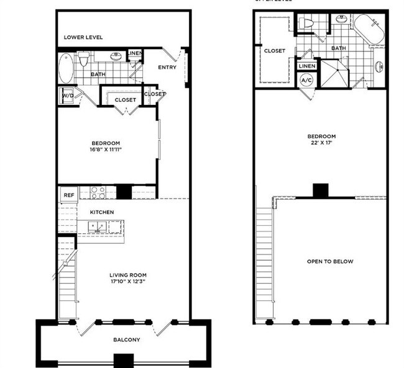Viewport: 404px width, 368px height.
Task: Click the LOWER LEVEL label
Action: (x=83, y=37)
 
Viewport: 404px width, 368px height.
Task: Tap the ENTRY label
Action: (x=167, y=68)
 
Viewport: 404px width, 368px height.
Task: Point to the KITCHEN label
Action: (x=101, y=212)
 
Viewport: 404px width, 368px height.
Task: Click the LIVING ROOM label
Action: (x=128, y=275)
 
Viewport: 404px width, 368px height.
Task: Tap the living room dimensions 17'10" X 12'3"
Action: (x=128, y=282)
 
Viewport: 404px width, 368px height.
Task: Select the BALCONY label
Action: (x=126, y=339)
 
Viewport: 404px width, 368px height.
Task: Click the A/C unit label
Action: (x=306, y=81)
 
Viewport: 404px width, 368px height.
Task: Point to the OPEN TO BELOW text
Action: (x=330, y=261)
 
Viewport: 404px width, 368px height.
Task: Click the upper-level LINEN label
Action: (x=306, y=66)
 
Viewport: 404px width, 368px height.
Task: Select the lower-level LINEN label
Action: (x=135, y=54)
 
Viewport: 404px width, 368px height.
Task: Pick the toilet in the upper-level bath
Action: (x=305, y=24)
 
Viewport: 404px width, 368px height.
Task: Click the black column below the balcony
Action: (x=124, y=361)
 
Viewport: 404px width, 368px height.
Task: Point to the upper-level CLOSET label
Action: (x=275, y=52)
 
